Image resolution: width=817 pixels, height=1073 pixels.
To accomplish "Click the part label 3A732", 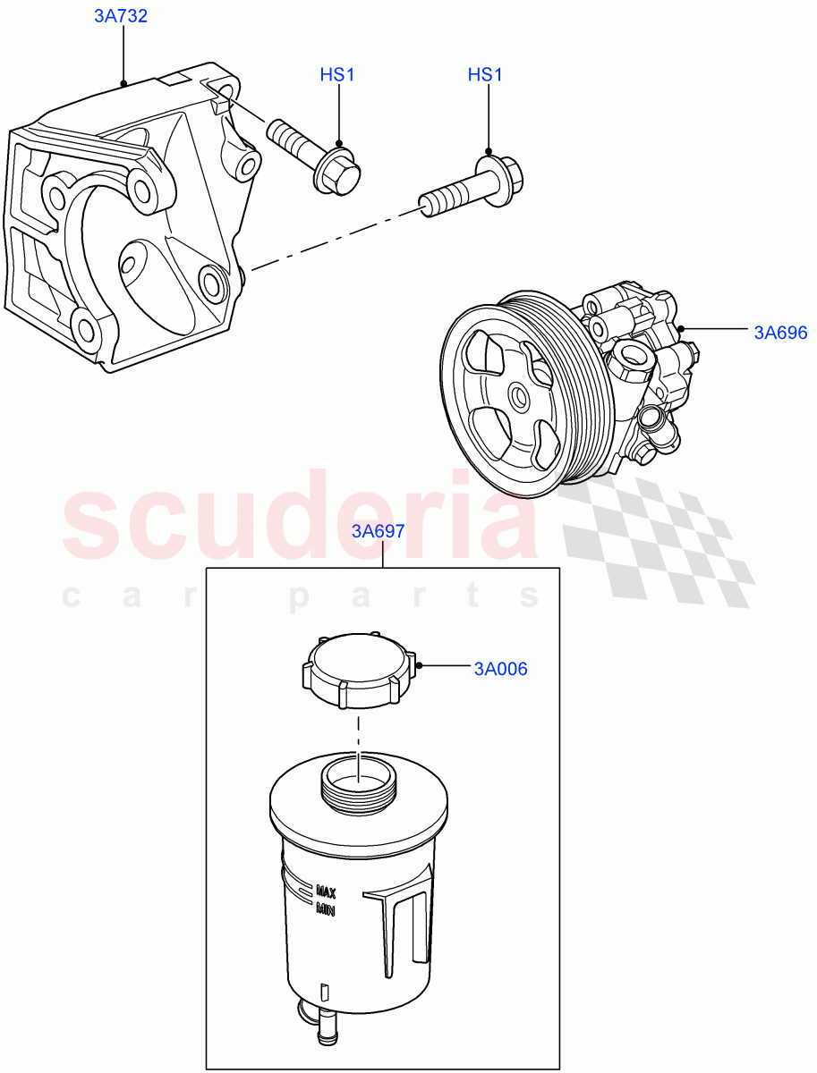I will click(121, 17).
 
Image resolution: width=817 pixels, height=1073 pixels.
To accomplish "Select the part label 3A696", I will click(779, 334).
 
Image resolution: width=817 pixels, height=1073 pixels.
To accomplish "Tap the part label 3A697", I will click(378, 530).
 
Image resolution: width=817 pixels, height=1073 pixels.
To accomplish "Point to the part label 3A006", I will click(500, 668).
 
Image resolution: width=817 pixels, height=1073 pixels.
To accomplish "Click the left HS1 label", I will click(337, 75).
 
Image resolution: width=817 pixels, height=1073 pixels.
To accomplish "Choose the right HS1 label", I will click(485, 75).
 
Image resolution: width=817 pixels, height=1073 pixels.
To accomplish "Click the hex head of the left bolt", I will click(338, 172).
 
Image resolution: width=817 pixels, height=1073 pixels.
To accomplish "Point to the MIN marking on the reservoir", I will click(324, 909).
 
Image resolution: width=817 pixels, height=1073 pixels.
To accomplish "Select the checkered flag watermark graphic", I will click(662, 541).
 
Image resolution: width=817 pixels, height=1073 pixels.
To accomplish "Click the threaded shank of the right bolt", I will click(449, 199).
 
